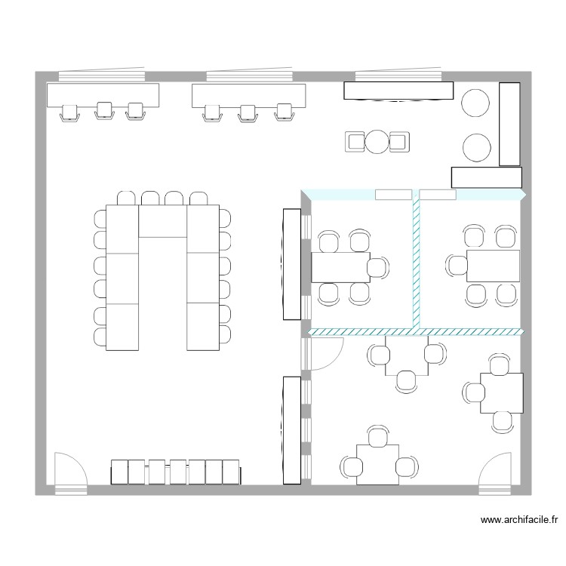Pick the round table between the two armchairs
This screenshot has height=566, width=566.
pos(377,141)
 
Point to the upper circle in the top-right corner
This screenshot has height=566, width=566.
pos(476,103)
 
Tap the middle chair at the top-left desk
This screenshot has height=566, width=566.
pos(103,112)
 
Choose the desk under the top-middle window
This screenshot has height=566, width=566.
pos(248,95)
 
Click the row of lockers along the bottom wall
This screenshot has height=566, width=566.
pos(176,472)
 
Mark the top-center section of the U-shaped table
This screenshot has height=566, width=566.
pos(162,221)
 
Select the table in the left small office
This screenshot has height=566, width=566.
pos(340,266)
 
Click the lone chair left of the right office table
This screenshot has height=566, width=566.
pos(456,265)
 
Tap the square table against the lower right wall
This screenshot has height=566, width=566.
pos(501,392)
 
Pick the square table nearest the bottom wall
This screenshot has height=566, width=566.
pos(378,464)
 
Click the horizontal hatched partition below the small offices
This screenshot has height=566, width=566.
pos(415,331)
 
